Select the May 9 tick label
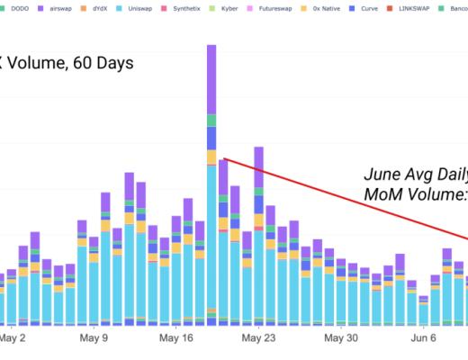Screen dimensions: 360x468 click(94, 338)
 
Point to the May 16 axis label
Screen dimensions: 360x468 click(176, 338)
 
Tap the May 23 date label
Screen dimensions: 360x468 click(258, 338)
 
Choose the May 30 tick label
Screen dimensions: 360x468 click(341, 338)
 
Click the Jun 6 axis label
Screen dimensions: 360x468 click(423, 338)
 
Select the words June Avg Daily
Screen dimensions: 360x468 click(415, 175)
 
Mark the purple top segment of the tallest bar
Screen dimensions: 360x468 click(211, 79)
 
